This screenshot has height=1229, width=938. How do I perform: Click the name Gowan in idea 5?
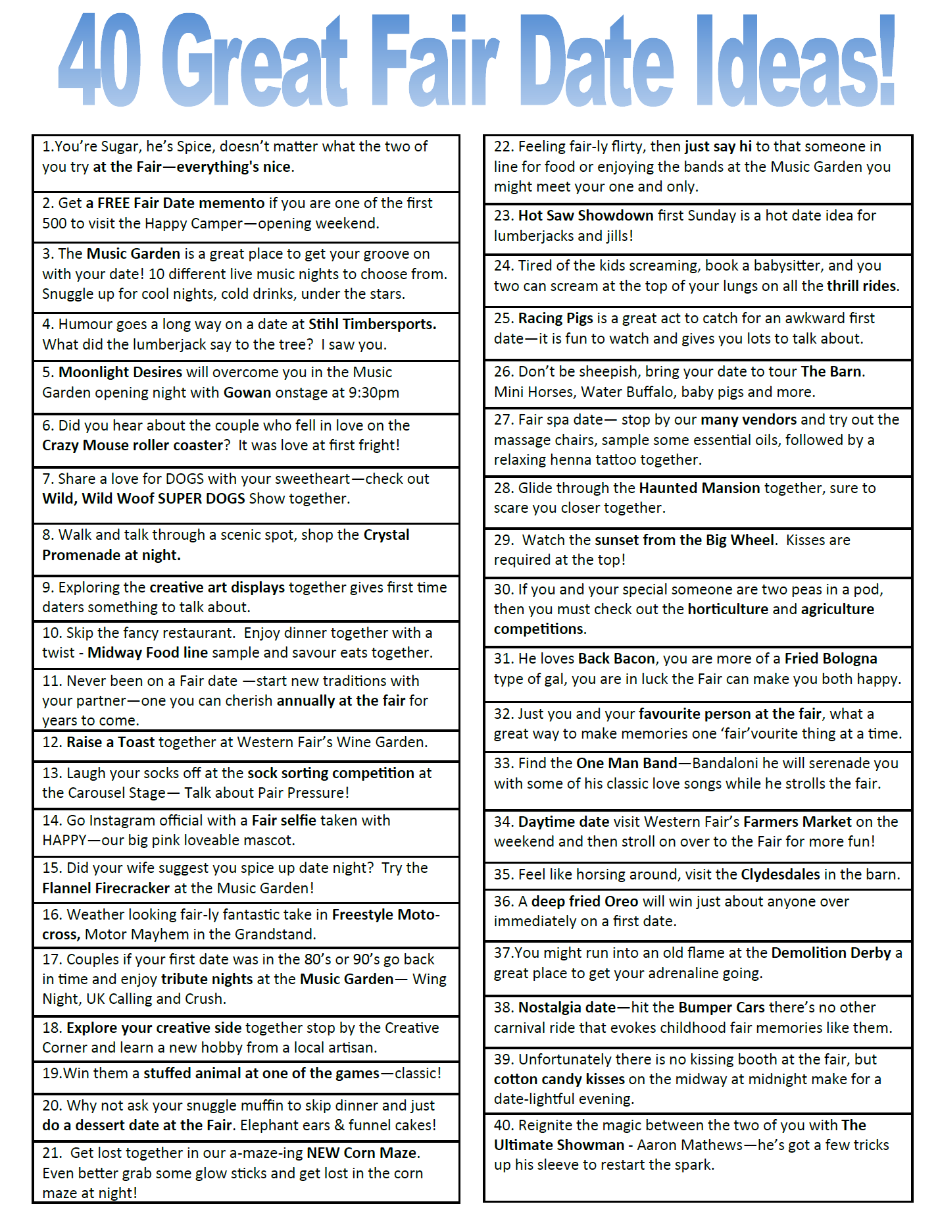click(x=247, y=392)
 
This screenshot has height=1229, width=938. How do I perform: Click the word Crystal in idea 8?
click(x=386, y=535)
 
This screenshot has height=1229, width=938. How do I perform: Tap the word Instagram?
click(x=120, y=820)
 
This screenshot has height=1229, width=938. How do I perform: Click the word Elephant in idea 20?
click(x=270, y=1125)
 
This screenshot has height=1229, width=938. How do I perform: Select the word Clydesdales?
click(x=780, y=874)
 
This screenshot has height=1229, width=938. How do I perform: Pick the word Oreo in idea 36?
click(x=622, y=901)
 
